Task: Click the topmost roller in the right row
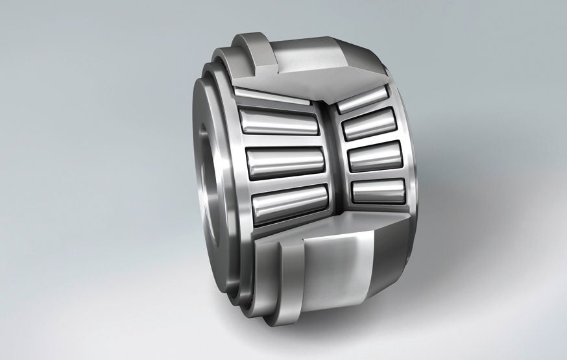point(363,99)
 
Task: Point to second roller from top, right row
point(369,124)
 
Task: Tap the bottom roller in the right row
point(378,190)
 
